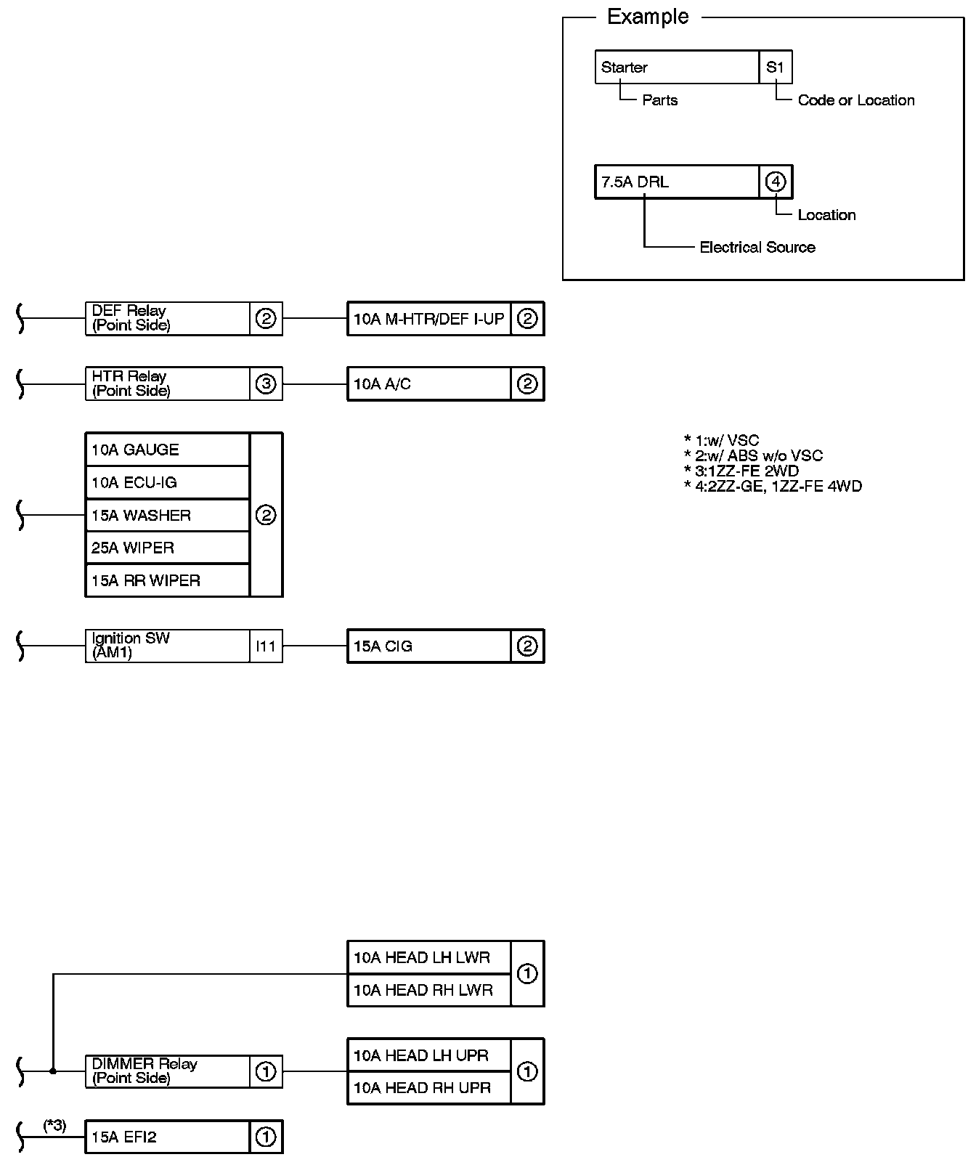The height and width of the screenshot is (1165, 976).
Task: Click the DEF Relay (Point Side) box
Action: coord(167,318)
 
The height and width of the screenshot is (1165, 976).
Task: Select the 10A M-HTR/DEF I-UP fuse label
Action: coord(429,319)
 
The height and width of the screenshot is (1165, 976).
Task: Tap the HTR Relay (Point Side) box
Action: coord(167,383)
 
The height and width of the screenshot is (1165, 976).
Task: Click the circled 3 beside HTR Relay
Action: coord(266,383)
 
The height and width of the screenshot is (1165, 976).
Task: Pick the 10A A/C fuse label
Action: coord(429,384)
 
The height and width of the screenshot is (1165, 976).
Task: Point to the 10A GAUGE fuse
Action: coord(167,450)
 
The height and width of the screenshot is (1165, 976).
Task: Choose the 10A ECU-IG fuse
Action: coord(167,482)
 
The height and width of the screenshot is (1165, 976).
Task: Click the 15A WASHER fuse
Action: coord(167,515)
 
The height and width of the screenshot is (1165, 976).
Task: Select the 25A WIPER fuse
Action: coord(167,548)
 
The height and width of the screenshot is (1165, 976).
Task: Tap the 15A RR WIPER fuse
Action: coord(167,580)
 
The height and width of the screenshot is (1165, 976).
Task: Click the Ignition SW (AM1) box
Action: coord(167,646)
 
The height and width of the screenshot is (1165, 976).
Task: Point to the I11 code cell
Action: coord(266,646)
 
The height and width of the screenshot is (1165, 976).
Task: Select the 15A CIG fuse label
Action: coord(429,646)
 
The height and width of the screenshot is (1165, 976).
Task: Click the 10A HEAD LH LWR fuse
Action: coord(429,957)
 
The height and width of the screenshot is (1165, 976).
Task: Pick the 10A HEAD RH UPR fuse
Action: coord(429,1087)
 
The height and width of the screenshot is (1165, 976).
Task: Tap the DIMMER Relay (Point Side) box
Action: coord(167,1071)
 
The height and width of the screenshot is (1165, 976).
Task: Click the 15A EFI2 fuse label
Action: coord(167,1137)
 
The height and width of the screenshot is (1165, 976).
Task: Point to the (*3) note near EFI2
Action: coord(54,1125)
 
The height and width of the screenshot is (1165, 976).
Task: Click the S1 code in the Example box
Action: coord(775,67)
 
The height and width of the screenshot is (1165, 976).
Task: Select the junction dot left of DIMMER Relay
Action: coord(53,1071)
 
